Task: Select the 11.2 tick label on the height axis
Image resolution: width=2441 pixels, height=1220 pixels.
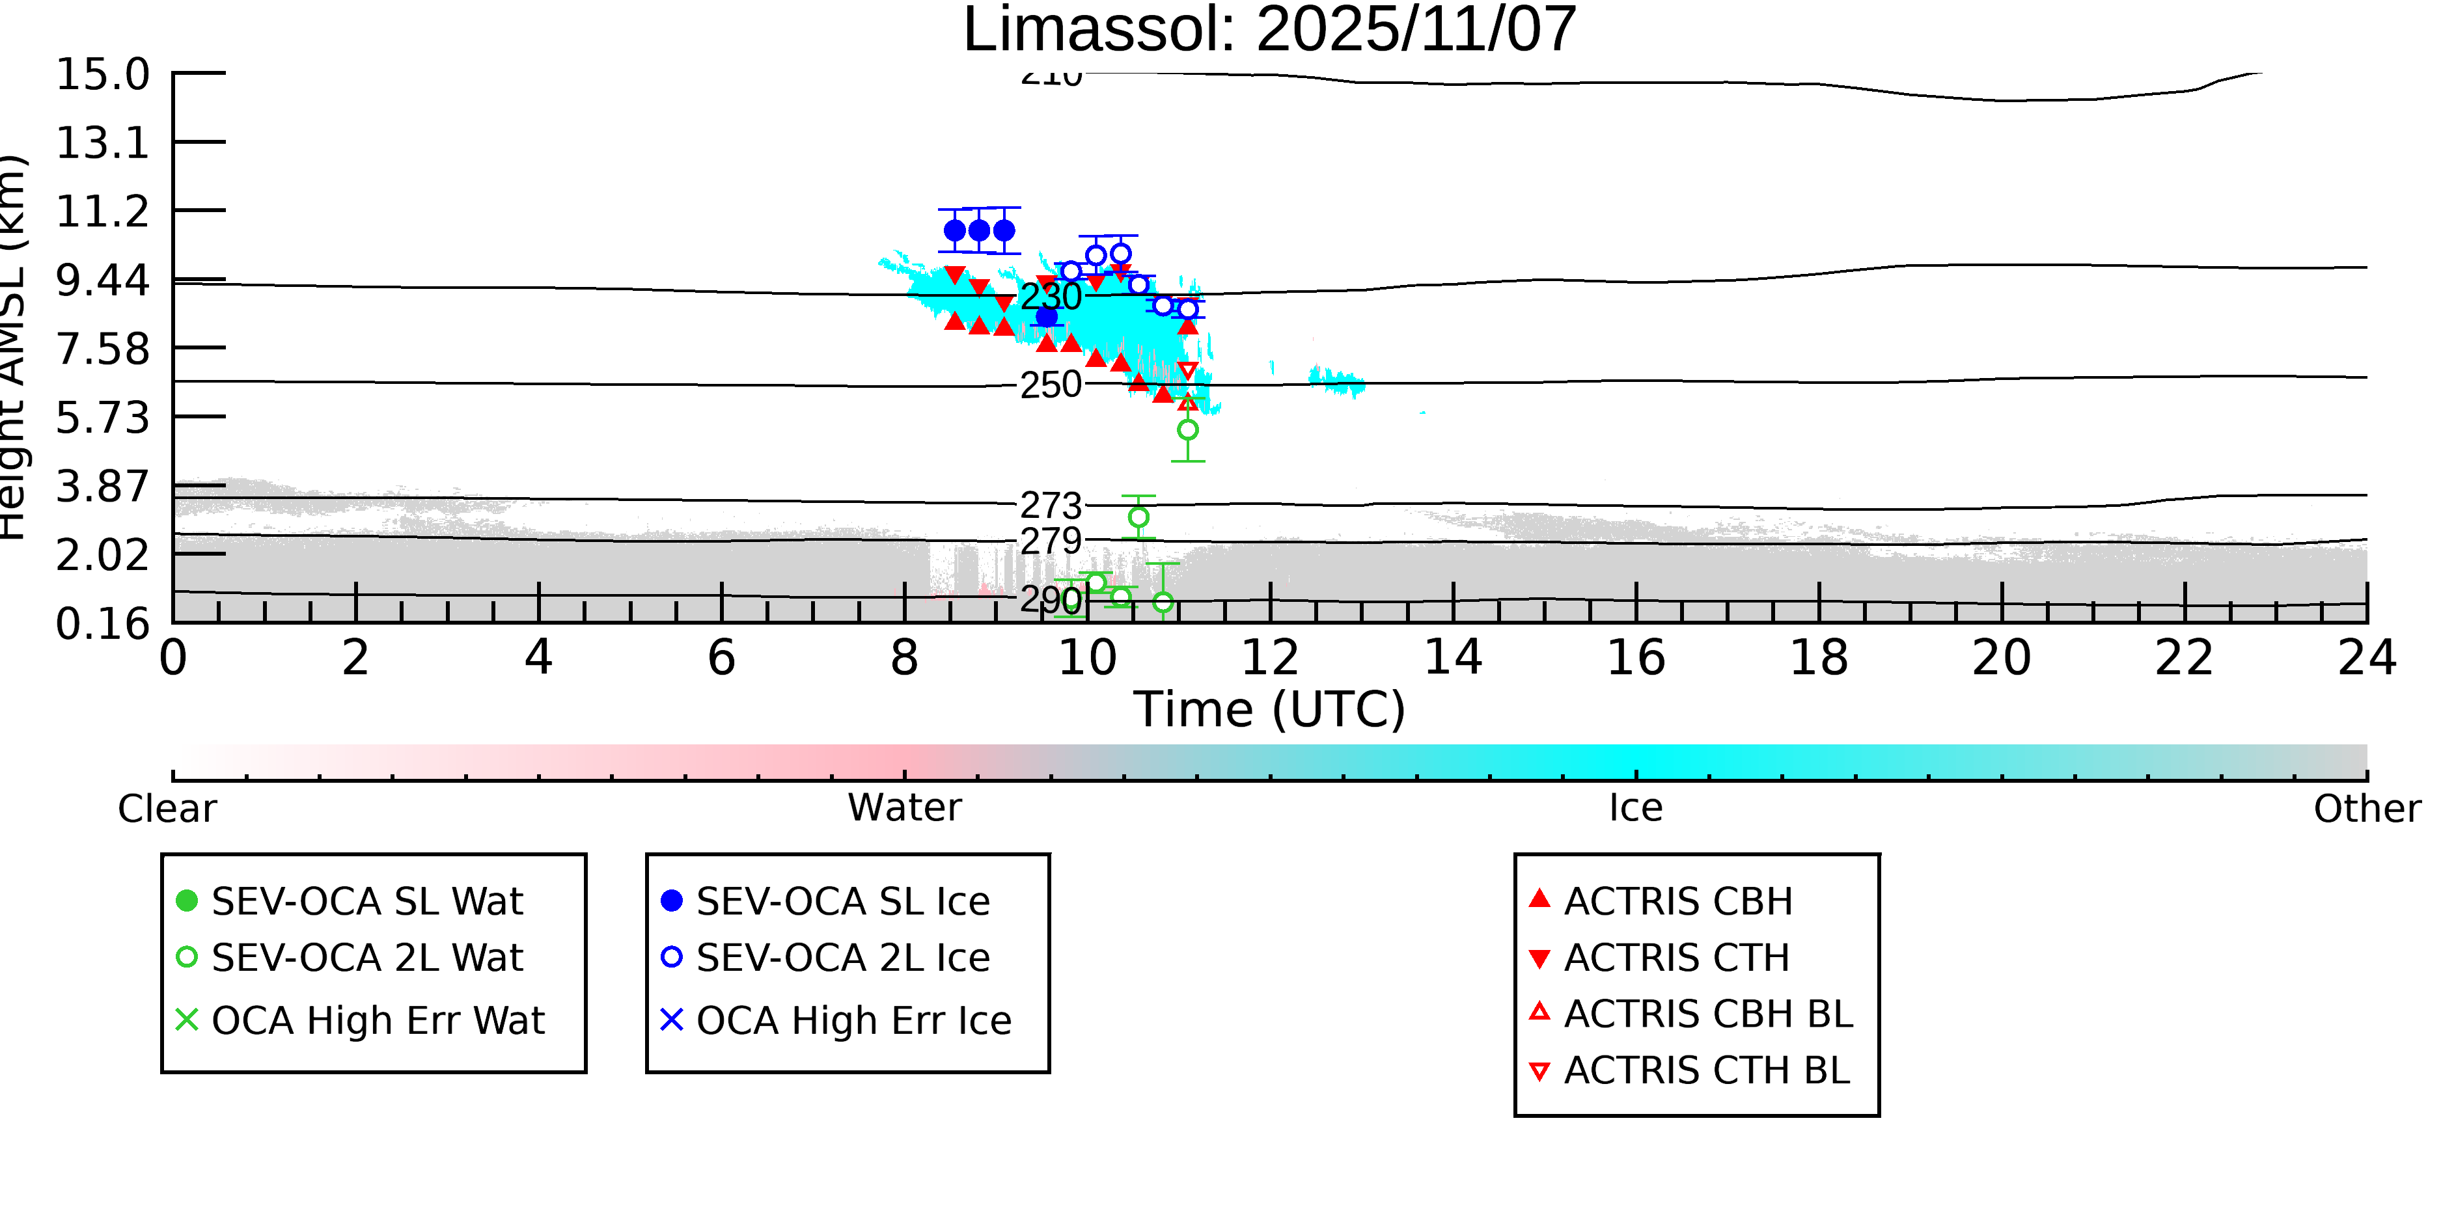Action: coord(102,211)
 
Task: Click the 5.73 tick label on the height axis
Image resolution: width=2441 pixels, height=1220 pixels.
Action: coord(102,418)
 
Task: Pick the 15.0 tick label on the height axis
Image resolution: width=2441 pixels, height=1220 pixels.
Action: coord(102,75)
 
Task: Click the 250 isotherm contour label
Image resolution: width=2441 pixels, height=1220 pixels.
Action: coord(1050,385)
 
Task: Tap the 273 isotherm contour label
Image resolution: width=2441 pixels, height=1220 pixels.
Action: coord(1050,506)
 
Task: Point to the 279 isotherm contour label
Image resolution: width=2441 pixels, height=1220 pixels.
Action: coord(1050,541)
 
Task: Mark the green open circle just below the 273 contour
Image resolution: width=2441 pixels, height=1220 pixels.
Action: coord(1139,517)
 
